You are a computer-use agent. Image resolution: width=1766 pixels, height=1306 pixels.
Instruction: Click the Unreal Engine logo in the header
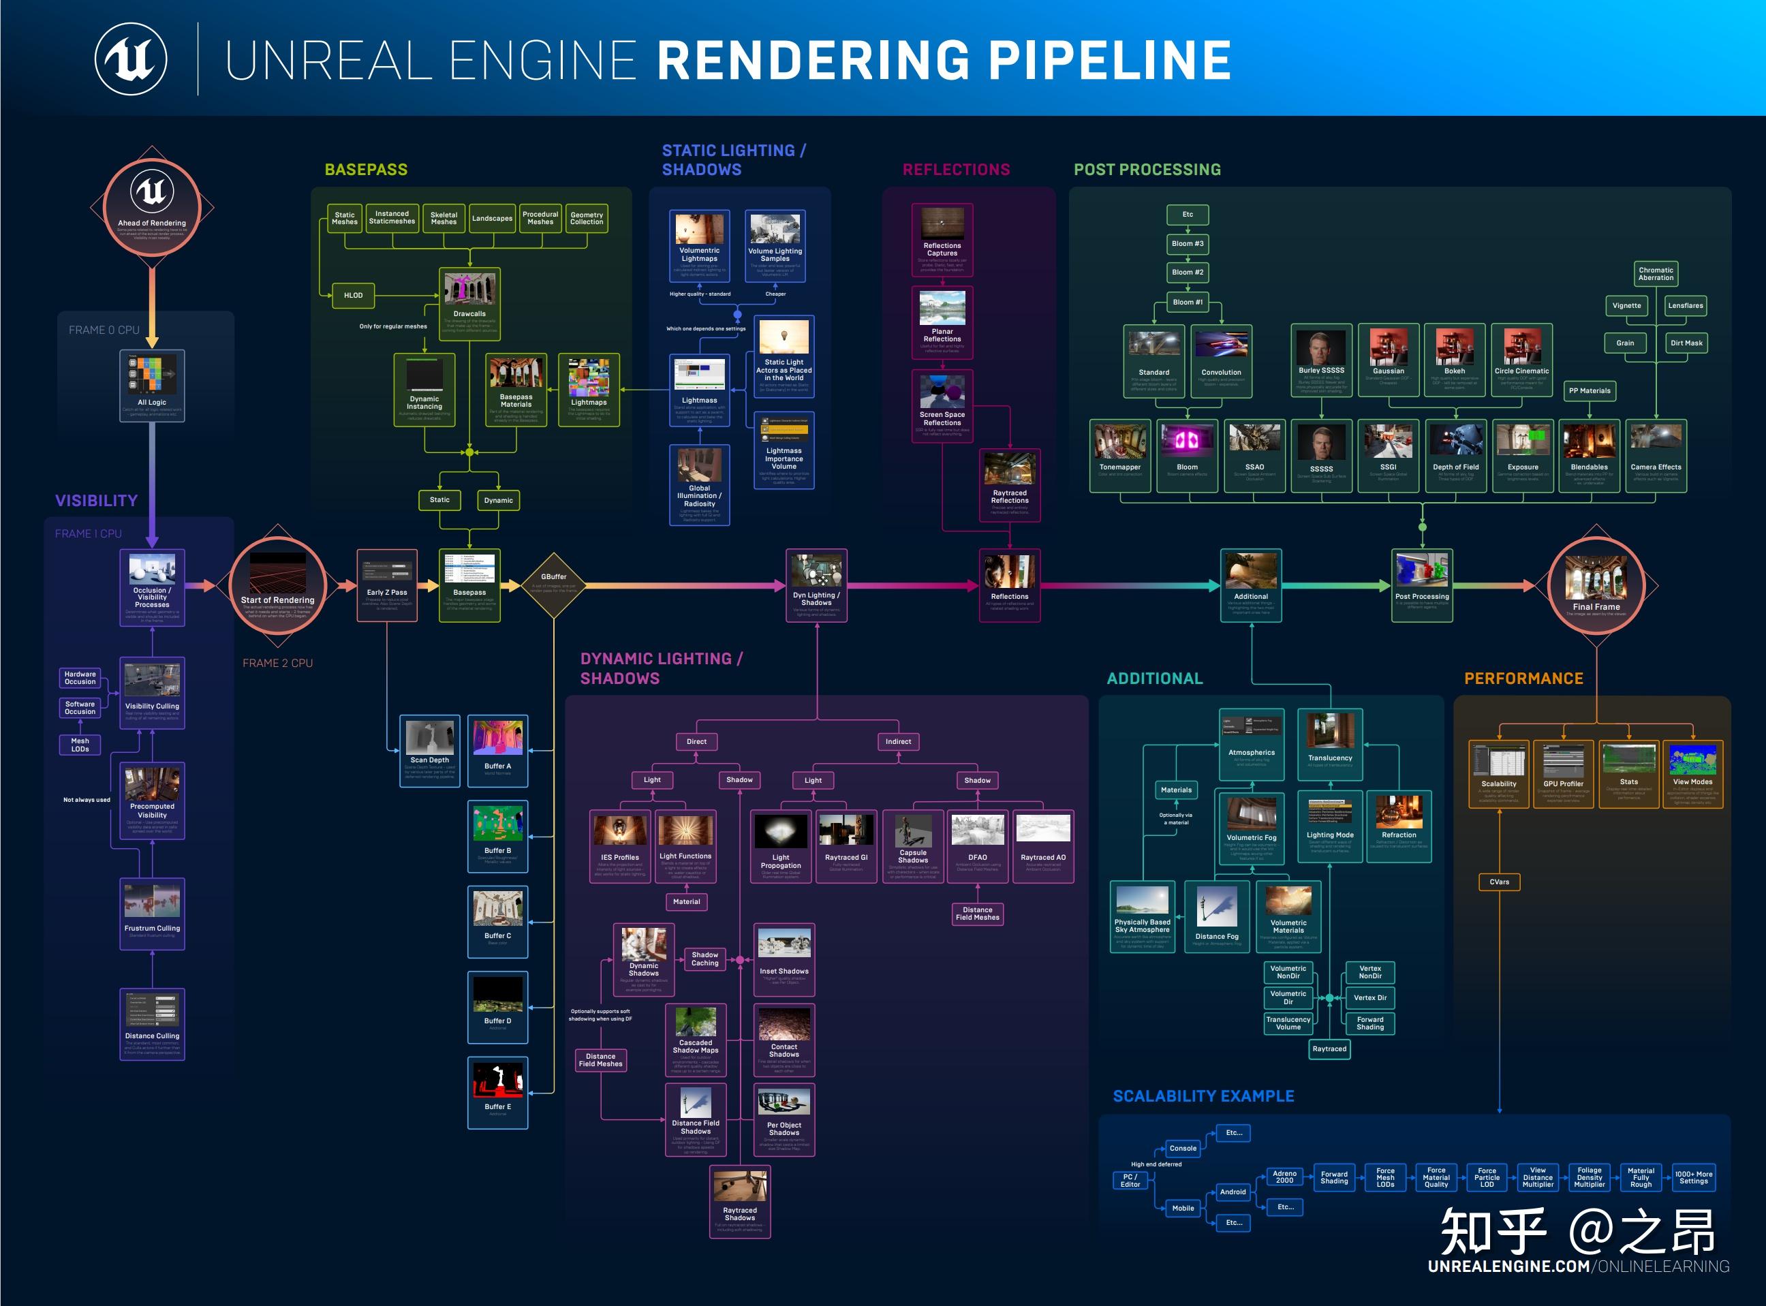(131, 59)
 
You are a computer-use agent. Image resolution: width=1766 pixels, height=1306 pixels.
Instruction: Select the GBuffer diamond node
(554, 585)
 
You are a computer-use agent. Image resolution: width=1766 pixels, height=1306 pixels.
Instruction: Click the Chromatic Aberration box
(1656, 274)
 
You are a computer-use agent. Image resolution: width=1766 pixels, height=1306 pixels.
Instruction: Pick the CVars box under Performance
(1499, 882)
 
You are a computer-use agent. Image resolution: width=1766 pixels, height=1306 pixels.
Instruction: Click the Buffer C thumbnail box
(497, 921)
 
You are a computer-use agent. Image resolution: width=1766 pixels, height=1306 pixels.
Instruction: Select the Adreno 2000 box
(1284, 1177)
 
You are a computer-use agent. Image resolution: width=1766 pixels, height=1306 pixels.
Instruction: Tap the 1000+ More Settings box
(1693, 1177)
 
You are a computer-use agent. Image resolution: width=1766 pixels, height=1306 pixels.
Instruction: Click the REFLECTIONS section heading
(956, 170)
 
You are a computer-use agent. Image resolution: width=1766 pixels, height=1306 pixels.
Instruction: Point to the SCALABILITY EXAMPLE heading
(1203, 1095)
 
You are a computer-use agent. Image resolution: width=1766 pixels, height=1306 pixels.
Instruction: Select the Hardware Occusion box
(80, 677)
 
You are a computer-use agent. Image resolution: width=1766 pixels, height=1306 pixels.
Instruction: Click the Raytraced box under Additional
(1329, 1048)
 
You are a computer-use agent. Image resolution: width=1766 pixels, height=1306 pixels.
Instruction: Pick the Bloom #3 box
(1187, 243)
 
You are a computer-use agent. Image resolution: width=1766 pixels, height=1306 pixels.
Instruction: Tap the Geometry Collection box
(587, 218)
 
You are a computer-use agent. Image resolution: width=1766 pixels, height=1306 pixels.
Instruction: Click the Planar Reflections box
(942, 322)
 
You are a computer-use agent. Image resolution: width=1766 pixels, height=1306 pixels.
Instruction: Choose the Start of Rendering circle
(277, 586)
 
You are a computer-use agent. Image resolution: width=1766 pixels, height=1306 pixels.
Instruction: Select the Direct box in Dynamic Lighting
(696, 741)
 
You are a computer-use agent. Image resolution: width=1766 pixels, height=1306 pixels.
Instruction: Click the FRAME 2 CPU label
(277, 664)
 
